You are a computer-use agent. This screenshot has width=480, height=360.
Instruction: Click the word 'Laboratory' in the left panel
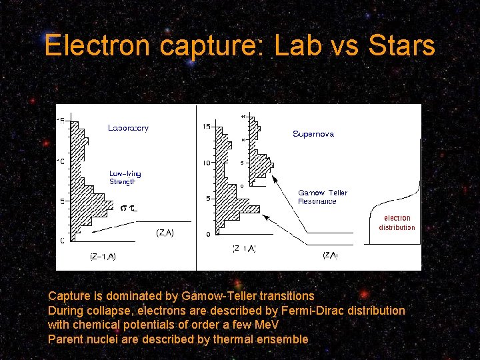[x=128, y=128]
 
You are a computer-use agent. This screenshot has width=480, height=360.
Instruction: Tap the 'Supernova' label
[x=313, y=134]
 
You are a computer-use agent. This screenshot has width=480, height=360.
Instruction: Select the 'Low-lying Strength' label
[x=125, y=177]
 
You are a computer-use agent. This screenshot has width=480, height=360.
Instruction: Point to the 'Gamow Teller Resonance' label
[x=323, y=197]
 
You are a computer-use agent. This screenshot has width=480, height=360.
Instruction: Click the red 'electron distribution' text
[x=397, y=223]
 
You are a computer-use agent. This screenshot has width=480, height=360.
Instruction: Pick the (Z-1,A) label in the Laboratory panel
[x=103, y=257]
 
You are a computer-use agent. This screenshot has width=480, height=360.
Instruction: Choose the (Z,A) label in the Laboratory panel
[x=165, y=233]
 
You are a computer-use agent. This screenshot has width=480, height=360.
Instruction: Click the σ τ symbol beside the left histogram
[x=129, y=209]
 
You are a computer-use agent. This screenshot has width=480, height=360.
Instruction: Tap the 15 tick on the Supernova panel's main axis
[x=207, y=127]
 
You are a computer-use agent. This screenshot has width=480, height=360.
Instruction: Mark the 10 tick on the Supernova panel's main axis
[x=207, y=163]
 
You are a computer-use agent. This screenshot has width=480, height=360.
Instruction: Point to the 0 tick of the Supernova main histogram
[x=208, y=235]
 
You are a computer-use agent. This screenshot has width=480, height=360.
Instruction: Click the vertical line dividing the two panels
[x=196, y=187]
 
